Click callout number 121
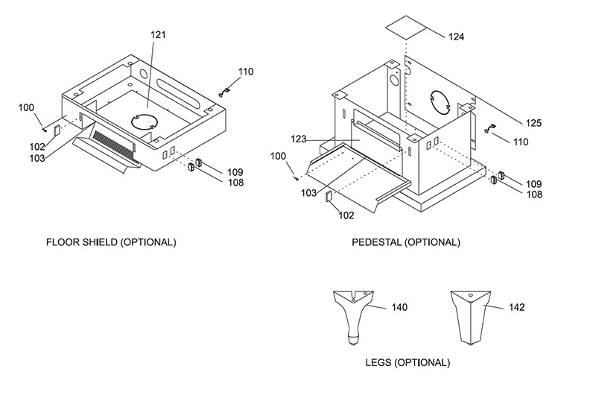[158, 34]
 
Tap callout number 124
[456, 37]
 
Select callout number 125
[533, 123]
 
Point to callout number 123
[299, 139]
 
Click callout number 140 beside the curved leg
[399, 307]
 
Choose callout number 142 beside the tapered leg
[516, 307]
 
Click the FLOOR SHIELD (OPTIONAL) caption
[111, 242]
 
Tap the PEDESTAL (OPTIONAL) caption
[406, 242]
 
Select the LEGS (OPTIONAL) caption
[408, 362]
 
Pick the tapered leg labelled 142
[471, 318]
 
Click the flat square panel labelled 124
[406, 28]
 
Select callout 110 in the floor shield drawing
[246, 72]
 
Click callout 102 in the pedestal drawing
[346, 215]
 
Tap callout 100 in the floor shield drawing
[26, 108]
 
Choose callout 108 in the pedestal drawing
[534, 195]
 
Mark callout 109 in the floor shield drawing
[235, 172]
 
